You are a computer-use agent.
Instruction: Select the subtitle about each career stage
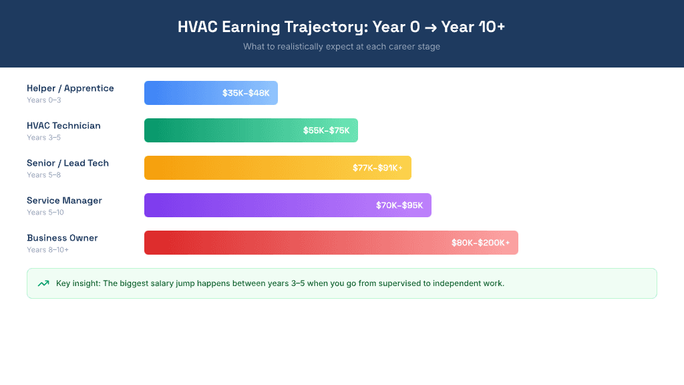(x=341, y=47)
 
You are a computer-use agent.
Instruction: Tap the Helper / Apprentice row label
(x=70, y=88)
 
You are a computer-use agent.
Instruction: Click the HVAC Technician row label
(x=63, y=126)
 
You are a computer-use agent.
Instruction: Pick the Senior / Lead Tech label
(x=67, y=163)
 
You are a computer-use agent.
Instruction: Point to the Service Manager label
(x=64, y=201)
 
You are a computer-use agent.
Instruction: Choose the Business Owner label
(x=62, y=238)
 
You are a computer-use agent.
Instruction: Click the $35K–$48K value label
(x=246, y=93)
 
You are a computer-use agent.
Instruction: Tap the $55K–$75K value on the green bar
(x=326, y=130)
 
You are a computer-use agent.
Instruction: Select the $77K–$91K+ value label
(x=377, y=168)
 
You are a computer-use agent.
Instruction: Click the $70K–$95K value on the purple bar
(x=399, y=205)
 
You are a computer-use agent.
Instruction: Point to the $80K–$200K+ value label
(x=480, y=243)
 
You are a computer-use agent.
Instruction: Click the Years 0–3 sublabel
(x=44, y=100)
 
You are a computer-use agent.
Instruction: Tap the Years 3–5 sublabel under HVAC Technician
(x=44, y=138)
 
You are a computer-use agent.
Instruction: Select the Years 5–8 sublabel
(x=44, y=175)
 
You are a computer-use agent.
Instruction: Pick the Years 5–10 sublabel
(x=46, y=213)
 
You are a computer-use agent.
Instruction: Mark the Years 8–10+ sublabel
(x=48, y=250)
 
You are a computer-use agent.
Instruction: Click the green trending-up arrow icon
(x=43, y=283)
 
